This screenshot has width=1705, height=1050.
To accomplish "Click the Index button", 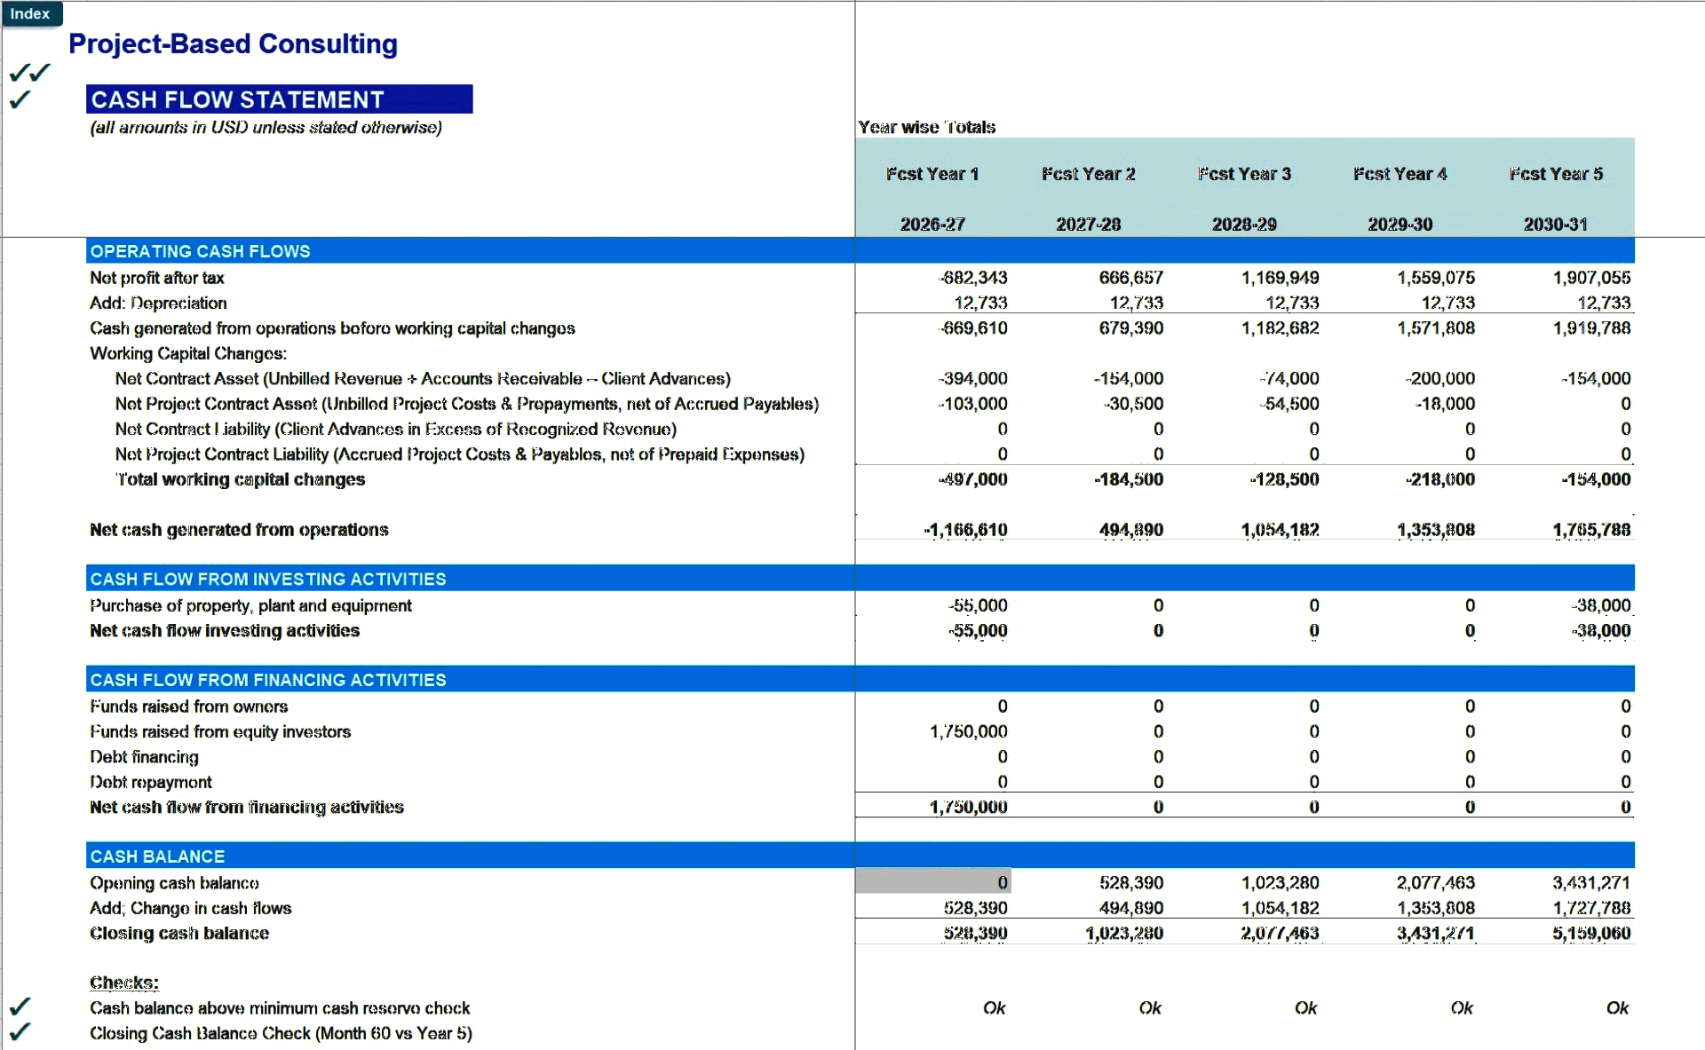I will pyautogui.click(x=30, y=14).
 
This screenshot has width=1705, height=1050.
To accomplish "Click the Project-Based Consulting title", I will pyautogui.click(x=233, y=44).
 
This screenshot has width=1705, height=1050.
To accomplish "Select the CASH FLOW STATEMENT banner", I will pyautogui.click(x=279, y=99).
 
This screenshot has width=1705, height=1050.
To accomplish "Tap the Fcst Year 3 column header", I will pyautogui.click(x=1244, y=174).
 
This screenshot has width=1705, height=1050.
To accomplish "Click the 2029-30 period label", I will pyautogui.click(x=1400, y=225).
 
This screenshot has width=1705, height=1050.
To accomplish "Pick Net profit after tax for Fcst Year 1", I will pyautogui.click(x=973, y=278).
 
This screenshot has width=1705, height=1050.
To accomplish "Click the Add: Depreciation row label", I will pyautogui.click(x=158, y=303).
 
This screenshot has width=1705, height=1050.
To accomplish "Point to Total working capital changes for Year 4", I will pyautogui.click(x=1439, y=479).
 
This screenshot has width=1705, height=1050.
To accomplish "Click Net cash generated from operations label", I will pyautogui.click(x=239, y=530).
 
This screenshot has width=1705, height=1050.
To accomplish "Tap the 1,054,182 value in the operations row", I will pyautogui.click(x=1280, y=530).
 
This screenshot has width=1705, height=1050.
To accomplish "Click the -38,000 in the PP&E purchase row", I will pyautogui.click(x=1600, y=605).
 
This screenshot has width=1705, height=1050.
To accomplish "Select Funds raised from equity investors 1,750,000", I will pyautogui.click(x=968, y=731).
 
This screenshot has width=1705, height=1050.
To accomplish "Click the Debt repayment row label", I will pyautogui.click(x=151, y=782).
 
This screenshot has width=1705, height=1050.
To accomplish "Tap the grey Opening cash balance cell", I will pyautogui.click(x=932, y=882).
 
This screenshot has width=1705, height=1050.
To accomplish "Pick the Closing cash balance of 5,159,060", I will pyautogui.click(x=1591, y=933).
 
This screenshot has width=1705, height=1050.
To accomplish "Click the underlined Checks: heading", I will pyautogui.click(x=124, y=983).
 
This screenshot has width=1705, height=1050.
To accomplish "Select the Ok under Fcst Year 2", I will pyautogui.click(x=1149, y=1008).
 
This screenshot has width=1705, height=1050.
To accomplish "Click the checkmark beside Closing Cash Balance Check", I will pyautogui.click(x=20, y=1032).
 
